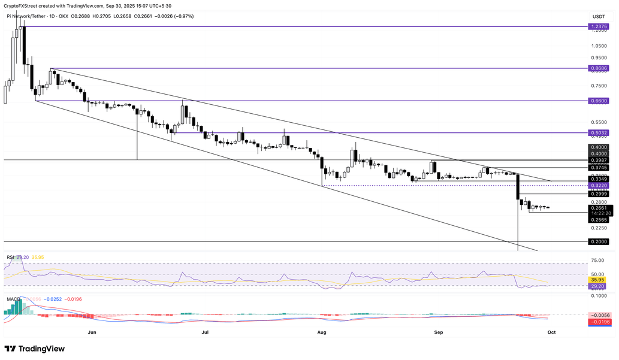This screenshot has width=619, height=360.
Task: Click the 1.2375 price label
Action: [599, 26]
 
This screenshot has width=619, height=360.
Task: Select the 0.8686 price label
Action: [599, 69]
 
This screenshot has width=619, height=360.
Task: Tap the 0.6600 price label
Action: [599, 101]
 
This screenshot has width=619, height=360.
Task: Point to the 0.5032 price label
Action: [599, 132]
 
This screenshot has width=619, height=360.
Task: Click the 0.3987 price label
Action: [599, 161]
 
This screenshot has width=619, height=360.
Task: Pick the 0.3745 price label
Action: [599, 168]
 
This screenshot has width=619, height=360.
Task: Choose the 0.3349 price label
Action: [599, 179]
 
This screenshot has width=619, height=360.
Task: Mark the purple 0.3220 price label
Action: [599, 186]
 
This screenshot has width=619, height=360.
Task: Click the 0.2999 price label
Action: [599, 194]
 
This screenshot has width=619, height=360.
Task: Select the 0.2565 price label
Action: [599, 220]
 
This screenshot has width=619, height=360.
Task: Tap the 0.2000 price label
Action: [599, 242]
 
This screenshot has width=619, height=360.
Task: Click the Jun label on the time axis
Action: [92, 331]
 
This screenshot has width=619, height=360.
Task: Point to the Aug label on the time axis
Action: [322, 331]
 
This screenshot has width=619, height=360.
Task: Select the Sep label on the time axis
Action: [438, 331]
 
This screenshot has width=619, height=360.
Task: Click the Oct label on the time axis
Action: [551, 331]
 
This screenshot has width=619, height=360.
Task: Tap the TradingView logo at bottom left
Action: [34, 349]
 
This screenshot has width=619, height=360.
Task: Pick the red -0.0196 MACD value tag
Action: [599, 322]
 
